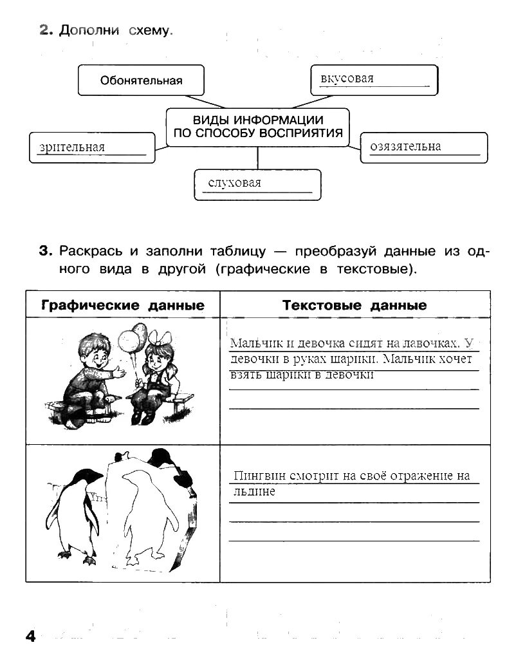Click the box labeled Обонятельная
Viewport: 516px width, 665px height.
[x=141, y=80]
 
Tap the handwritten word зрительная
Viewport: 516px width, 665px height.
[x=71, y=147]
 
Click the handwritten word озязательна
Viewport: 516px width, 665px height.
[x=405, y=146]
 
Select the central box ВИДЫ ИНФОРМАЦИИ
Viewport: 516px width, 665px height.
[x=257, y=127]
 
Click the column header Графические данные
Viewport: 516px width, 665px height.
[x=122, y=305]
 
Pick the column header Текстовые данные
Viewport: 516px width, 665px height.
[x=354, y=305]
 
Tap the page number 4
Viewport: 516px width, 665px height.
[x=30, y=636]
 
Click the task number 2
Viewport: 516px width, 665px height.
[x=44, y=30]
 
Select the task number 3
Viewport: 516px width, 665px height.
[x=44, y=250]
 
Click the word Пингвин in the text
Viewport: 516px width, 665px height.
[x=256, y=477]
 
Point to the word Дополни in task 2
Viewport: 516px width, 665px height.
[x=89, y=30]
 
